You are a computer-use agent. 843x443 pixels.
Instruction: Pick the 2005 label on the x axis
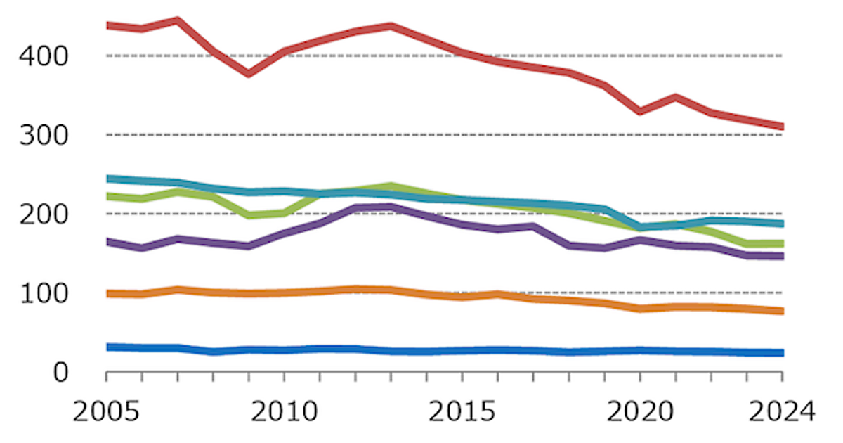[106, 411]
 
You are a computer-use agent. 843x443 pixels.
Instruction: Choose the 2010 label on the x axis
[285, 411]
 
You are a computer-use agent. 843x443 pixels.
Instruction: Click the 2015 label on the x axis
[462, 411]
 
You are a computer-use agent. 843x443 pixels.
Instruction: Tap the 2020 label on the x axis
[640, 411]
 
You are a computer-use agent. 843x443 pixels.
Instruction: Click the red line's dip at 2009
[249, 73]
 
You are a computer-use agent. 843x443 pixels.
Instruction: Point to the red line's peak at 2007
[178, 20]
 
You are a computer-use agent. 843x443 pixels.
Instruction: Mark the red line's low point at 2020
[640, 111]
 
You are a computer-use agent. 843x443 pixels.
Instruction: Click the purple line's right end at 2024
[781, 256]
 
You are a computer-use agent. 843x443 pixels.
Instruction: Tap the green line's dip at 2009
[249, 215]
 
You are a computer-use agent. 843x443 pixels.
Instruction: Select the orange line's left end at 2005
[107, 293]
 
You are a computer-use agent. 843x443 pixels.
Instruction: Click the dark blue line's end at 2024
[781, 353]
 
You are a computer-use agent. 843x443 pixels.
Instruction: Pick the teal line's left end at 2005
[107, 179]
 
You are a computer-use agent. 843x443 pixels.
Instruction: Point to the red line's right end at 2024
[781, 127]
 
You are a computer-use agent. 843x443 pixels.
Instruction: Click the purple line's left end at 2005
[107, 242]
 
